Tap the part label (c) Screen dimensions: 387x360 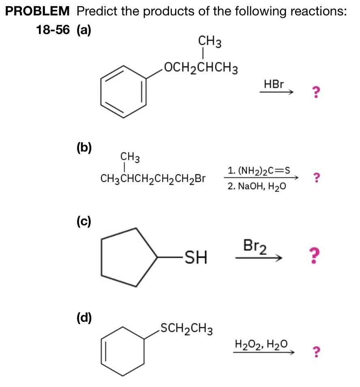tap(84, 221)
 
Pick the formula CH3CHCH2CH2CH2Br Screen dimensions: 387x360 tap(153, 179)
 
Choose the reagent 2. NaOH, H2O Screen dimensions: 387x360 tap(257, 187)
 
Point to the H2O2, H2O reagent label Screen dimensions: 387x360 tap(261, 345)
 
